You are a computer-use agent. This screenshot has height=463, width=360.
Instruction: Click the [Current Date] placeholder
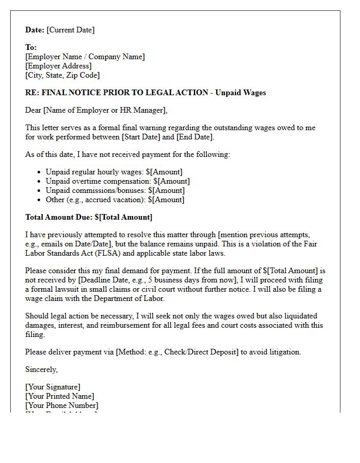(70, 30)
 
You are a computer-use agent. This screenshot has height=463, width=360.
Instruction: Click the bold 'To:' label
(31, 47)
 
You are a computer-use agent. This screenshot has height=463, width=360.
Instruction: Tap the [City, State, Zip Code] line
(62, 75)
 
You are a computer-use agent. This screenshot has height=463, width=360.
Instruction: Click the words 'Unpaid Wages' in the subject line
(242, 93)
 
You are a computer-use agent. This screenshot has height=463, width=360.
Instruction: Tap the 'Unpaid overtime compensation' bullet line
(117, 181)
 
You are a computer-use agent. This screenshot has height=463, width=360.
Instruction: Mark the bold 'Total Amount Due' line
(88, 217)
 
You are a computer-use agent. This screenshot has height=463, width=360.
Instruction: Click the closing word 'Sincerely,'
(41, 369)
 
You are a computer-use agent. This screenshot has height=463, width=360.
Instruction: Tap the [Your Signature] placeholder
(52, 387)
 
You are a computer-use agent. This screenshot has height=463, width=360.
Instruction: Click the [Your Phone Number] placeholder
(62, 405)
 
